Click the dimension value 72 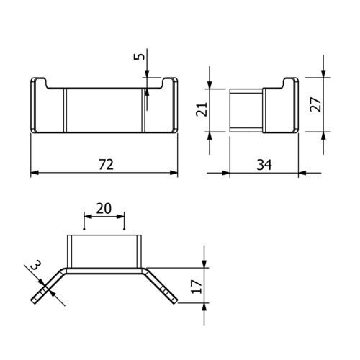[x=106, y=165]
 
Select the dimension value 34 [x=264, y=165]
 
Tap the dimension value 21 [x=202, y=109]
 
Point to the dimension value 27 [x=315, y=104]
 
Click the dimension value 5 [x=140, y=57]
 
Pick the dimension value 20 [x=104, y=208]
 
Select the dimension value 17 [x=197, y=286]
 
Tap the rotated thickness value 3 [x=36, y=264]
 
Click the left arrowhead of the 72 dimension [x=35, y=173]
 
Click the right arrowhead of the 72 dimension [x=174, y=173]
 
